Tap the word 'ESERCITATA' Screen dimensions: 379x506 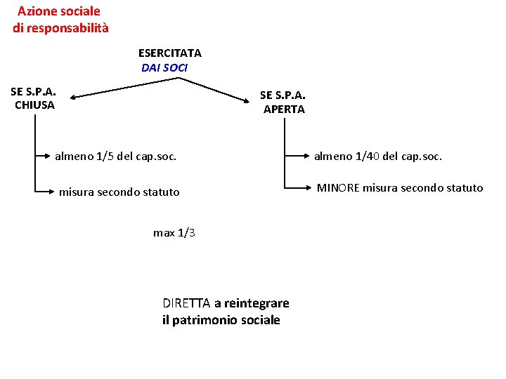(x=169, y=53)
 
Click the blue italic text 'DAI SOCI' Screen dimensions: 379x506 (x=164, y=68)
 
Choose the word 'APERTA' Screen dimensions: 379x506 (x=284, y=109)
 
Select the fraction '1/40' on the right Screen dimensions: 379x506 (x=365, y=157)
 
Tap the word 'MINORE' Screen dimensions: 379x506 (x=339, y=188)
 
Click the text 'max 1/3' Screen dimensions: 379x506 (x=174, y=233)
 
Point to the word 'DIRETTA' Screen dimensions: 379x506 (x=186, y=303)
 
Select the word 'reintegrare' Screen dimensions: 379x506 (x=257, y=303)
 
